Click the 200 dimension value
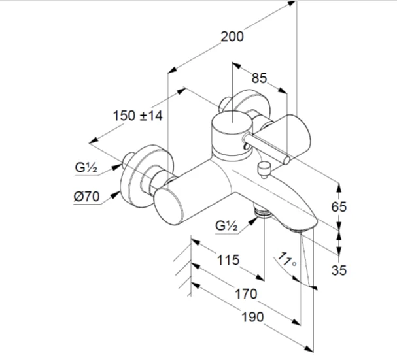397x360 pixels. [x=232, y=37]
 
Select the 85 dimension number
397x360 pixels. [x=259, y=78]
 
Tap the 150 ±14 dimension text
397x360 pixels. [x=137, y=116]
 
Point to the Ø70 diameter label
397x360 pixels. [x=86, y=195]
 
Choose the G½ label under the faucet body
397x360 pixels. [x=227, y=226]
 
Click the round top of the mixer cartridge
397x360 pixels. [x=231, y=120]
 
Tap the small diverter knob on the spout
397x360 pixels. [x=265, y=168]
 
